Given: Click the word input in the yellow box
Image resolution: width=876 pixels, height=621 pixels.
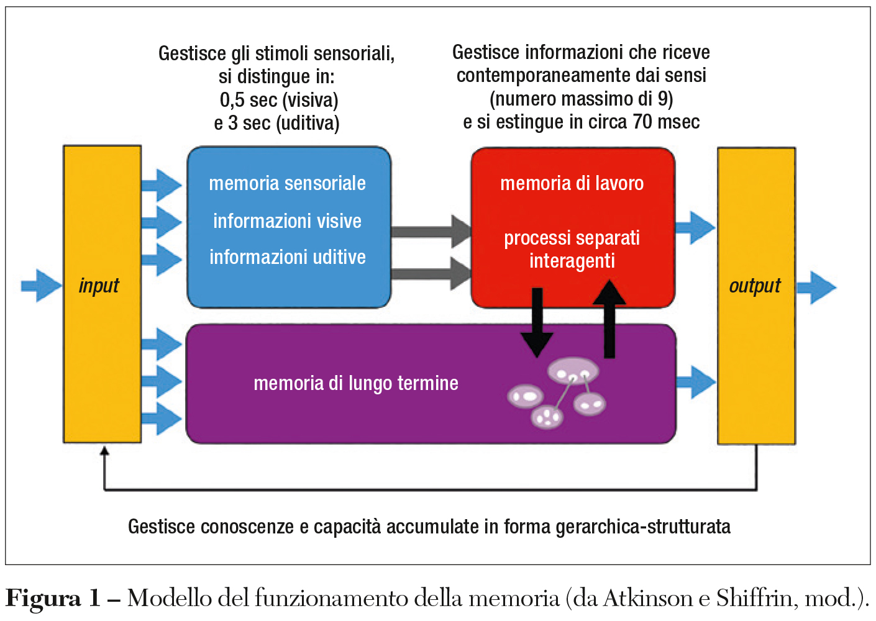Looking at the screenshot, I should pyautogui.click(x=99, y=286).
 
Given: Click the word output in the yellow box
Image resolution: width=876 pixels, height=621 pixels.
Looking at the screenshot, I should pyautogui.click(x=755, y=286).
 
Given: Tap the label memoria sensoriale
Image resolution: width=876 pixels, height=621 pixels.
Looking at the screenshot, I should pyautogui.click(x=287, y=183).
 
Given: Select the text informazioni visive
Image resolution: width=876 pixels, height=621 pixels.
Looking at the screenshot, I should pyautogui.click(x=287, y=221).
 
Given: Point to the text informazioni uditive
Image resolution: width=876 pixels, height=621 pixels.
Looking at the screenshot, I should pyautogui.click(x=287, y=257).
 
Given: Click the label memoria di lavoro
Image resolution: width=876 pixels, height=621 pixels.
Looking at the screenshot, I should pyautogui.click(x=572, y=183).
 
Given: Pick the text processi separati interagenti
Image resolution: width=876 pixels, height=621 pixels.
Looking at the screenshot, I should pyautogui.click(x=572, y=249).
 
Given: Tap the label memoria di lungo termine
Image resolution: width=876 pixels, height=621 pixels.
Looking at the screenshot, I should pyautogui.click(x=355, y=383).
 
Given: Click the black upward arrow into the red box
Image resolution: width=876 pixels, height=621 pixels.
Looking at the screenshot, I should pyautogui.click(x=609, y=317).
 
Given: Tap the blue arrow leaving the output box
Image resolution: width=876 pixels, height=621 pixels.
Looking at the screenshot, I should pyautogui.click(x=816, y=288).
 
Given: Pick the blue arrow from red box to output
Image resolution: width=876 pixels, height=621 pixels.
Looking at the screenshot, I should pyautogui.click(x=695, y=227).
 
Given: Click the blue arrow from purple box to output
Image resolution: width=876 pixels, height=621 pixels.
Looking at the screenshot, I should pyautogui.click(x=695, y=382).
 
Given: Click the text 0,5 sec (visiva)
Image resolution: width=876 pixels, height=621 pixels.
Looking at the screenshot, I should pyautogui.click(x=279, y=100).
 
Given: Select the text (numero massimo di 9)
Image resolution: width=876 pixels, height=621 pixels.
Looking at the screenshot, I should pyautogui.click(x=581, y=99).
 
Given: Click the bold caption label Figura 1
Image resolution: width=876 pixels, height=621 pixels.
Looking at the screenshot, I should pyautogui.click(x=53, y=599).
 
